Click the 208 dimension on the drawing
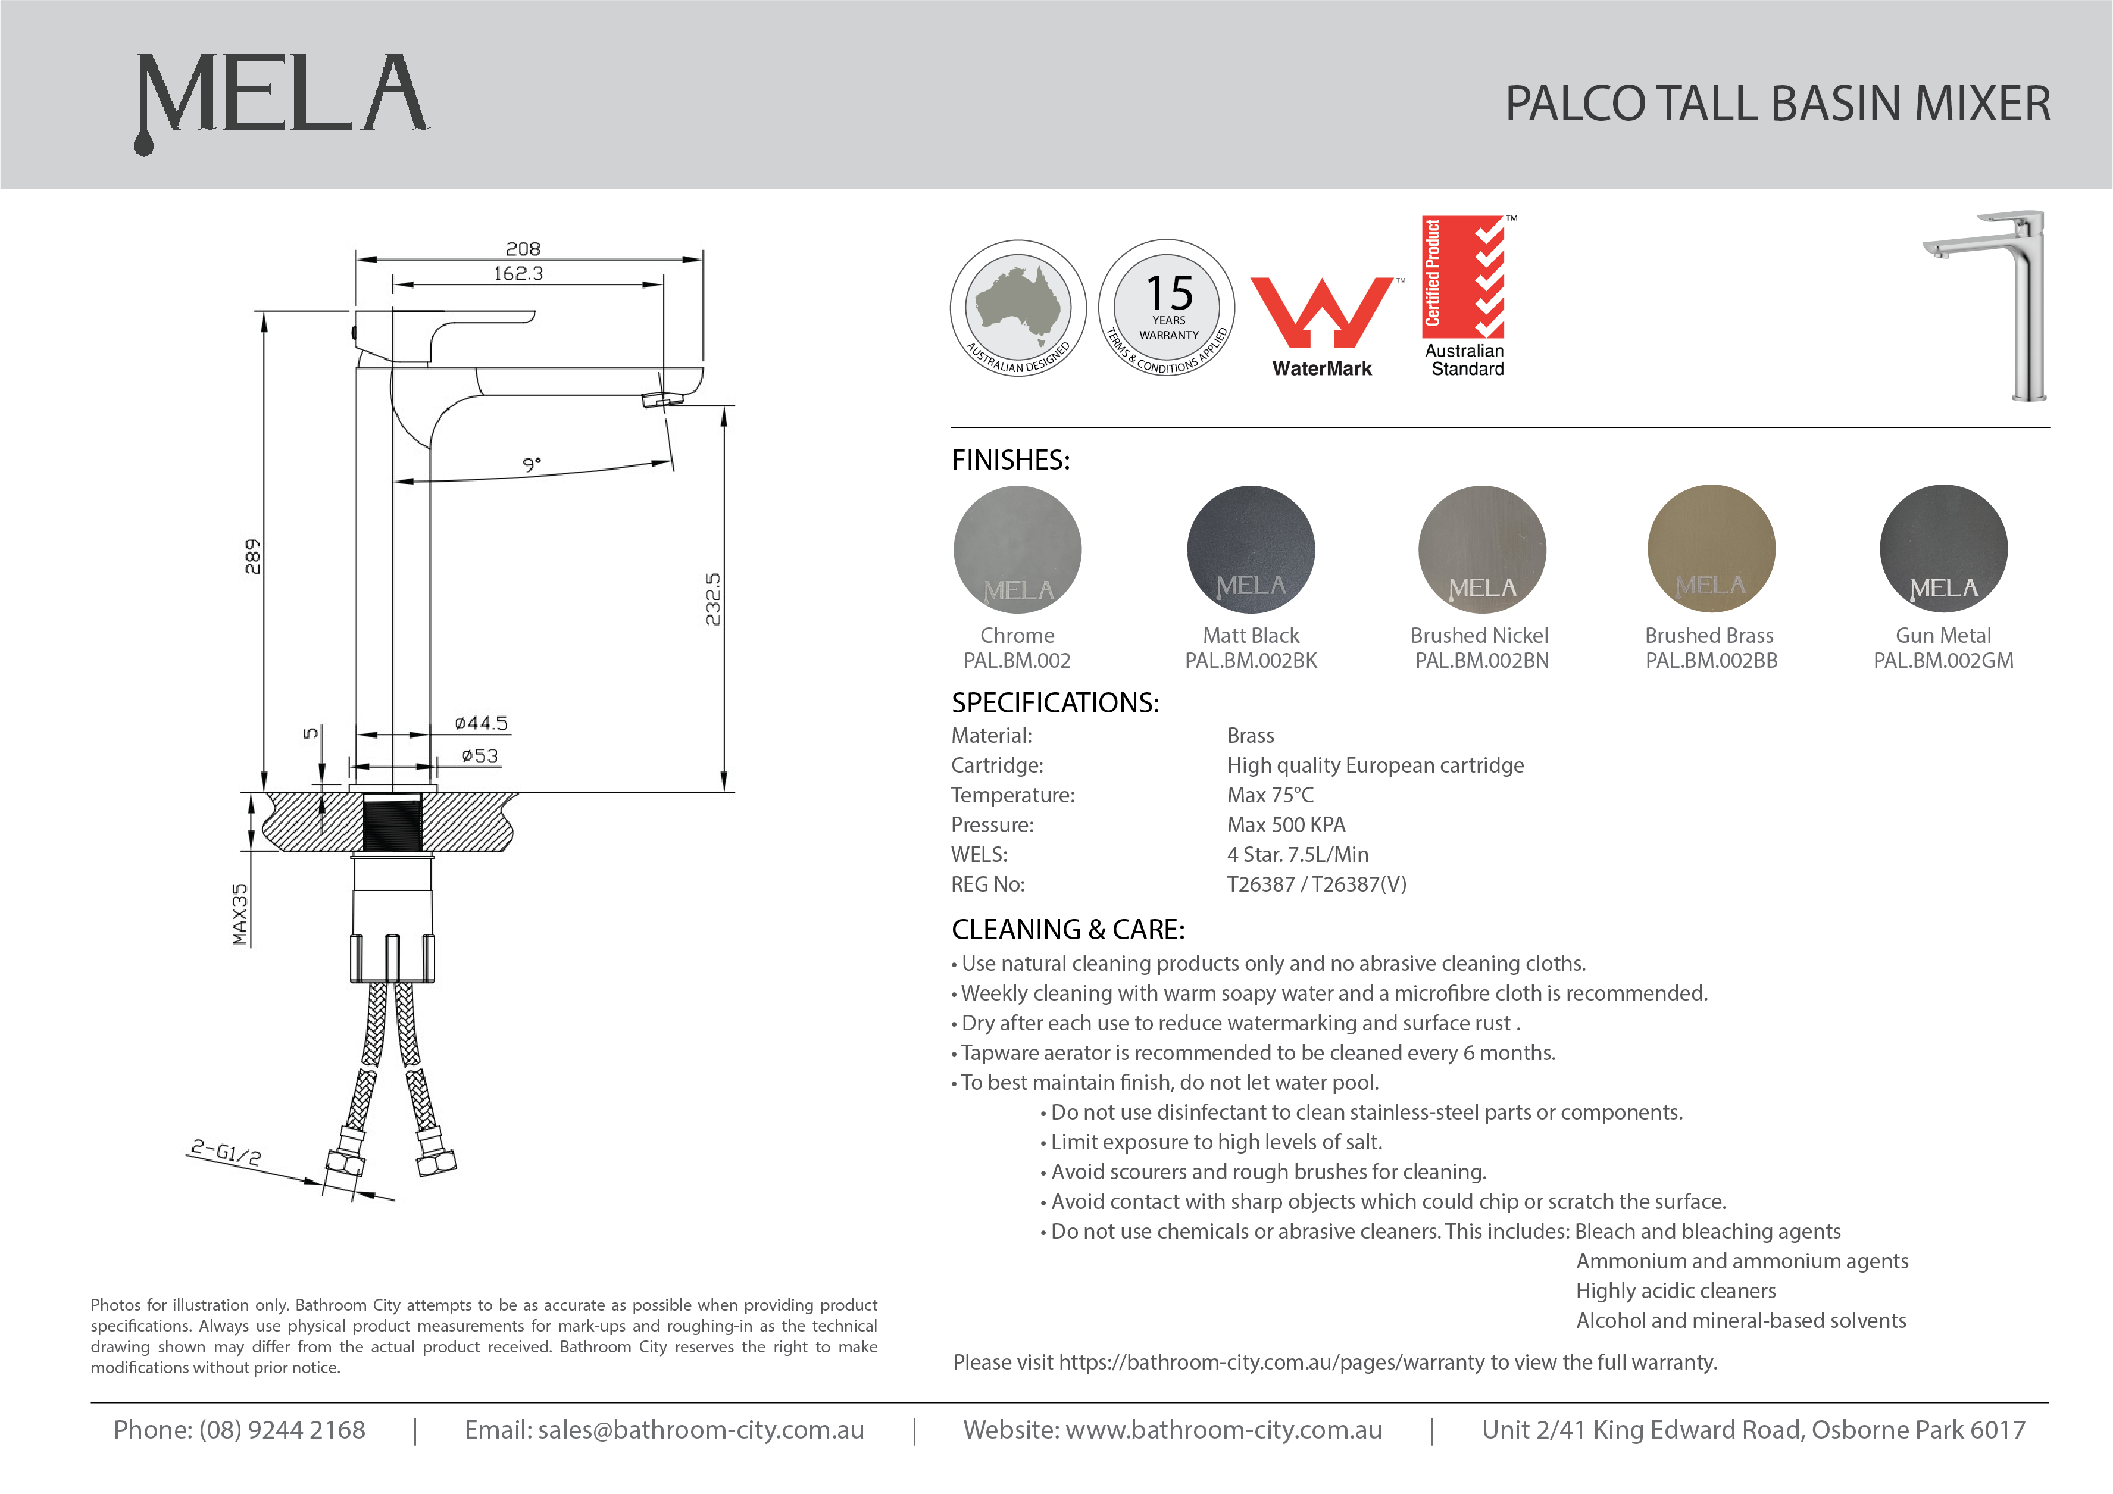coord(523,249)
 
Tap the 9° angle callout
coord(531,465)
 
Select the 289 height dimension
coord(252,557)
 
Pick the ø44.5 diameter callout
coord(480,724)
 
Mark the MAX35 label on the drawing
coord(240,914)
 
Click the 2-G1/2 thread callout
coord(226,1152)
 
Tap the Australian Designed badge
coord(1018,308)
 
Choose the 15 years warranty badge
coord(1167,308)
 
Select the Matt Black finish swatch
coord(1251,549)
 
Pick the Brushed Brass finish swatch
coord(1711,549)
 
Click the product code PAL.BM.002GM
coord(1943,661)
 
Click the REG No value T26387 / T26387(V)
coord(1316,884)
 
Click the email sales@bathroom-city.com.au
coord(701,1430)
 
